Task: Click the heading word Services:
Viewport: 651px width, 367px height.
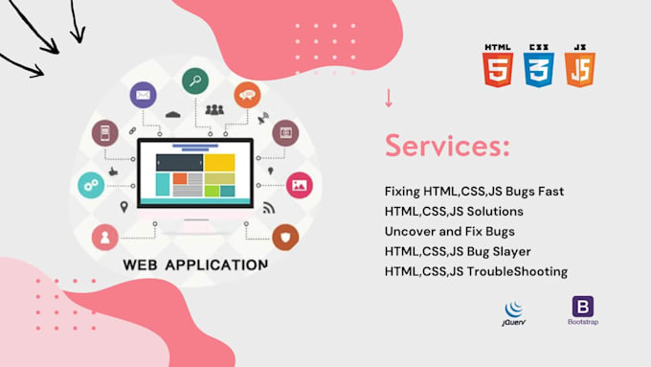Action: [447, 147]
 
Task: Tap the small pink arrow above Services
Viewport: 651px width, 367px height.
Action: [389, 98]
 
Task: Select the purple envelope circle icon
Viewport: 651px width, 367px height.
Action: [144, 95]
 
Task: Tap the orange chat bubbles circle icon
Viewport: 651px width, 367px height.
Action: [247, 94]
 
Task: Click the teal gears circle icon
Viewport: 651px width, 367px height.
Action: [91, 184]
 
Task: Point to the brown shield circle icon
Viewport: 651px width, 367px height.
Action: [285, 237]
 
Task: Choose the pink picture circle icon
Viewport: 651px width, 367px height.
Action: [299, 184]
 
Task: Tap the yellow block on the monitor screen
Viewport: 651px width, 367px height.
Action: [219, 163]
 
